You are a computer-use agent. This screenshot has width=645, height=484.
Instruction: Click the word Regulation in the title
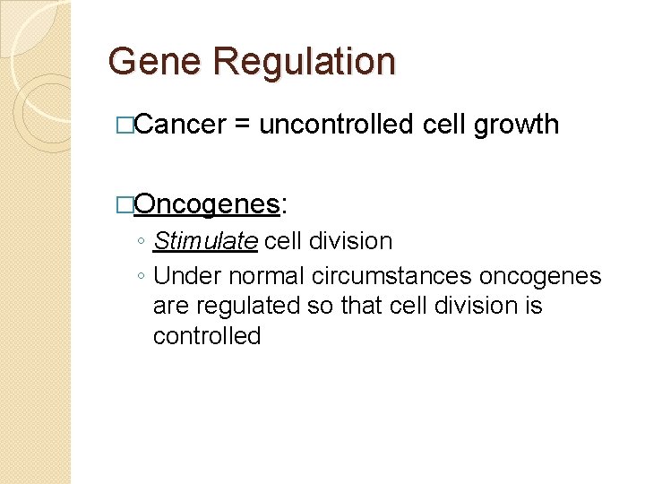[304, 62]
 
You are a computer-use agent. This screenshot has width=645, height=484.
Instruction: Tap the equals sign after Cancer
[242, 125]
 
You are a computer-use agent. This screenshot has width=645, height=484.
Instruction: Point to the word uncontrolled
[336, 125]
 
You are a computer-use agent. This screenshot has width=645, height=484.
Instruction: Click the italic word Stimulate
[205, 241]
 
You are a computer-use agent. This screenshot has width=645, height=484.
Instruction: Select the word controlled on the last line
[207, 336]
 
